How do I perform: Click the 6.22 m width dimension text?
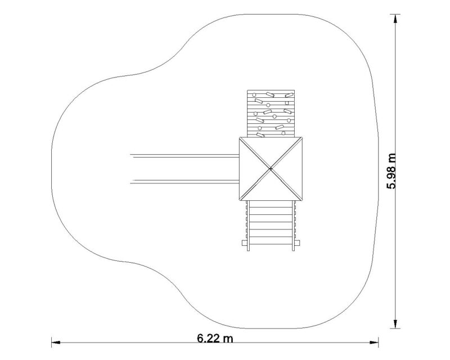click(215, 338)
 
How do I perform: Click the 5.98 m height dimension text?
click(391, 171)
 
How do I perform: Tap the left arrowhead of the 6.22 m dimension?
click(56, 342)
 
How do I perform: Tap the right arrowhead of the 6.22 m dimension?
click(374, 342)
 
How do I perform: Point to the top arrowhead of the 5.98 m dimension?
click(395, 19)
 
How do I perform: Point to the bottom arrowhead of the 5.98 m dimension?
click(395, 324)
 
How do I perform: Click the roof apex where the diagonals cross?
click(271, 169)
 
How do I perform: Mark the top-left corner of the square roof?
click(240, 137)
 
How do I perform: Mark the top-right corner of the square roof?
click(302, 137)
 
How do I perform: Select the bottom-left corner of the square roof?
click(240, 200)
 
